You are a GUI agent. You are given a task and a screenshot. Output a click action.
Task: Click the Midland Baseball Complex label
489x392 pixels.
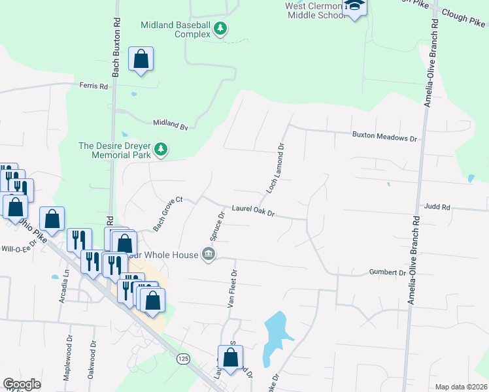[176, 29]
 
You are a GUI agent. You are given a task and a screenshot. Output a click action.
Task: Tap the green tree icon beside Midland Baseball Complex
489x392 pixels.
[221, 28]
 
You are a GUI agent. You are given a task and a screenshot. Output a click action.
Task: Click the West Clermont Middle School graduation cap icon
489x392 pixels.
[355, 7]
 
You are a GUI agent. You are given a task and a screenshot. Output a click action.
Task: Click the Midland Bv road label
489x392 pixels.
[170, 122]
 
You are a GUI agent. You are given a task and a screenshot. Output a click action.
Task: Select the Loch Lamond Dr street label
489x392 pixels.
[275, 168]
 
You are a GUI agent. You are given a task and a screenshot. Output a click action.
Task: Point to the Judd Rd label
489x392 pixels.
[437, 207]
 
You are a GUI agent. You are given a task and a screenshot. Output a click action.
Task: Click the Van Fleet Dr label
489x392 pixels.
[231, 289]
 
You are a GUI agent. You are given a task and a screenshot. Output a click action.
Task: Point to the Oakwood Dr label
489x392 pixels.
[93, 359]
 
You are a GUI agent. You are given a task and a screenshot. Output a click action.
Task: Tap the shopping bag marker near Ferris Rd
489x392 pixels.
[141, 60]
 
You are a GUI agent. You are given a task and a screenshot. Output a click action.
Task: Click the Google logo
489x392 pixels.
[22, 384]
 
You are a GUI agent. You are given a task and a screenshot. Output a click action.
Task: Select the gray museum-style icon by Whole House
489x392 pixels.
[209, 254]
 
